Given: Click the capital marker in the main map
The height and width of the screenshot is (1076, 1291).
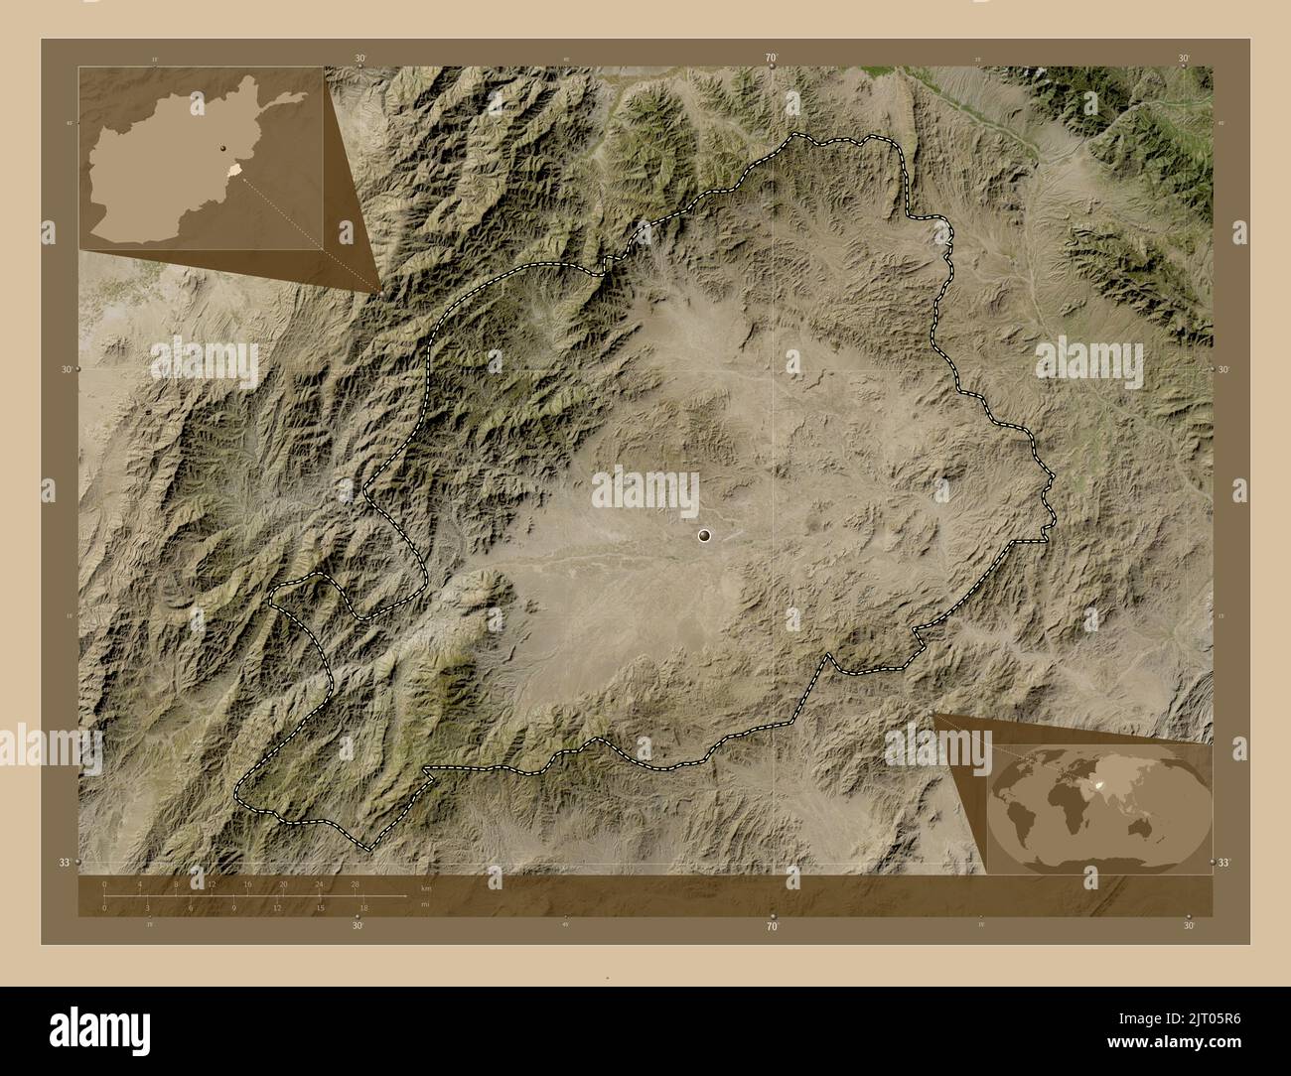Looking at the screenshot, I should coord(705,536).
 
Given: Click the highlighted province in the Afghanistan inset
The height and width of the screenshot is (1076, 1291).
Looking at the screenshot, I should coord(234,171).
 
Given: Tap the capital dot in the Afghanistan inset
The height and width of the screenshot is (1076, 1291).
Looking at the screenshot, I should coord(223,151).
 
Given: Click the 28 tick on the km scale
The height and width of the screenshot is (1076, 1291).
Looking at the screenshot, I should coord(356,883).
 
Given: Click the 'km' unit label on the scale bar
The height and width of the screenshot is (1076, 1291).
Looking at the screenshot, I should coord(425,888).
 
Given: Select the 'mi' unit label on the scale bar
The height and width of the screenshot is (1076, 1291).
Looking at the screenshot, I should coord(424,904).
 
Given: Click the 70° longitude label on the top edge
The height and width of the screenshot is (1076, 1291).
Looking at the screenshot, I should coord(772,59).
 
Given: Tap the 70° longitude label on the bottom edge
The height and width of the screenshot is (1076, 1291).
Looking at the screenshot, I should coord(772,925).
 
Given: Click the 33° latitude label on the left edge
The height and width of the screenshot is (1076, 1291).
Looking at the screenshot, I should coord(66,862).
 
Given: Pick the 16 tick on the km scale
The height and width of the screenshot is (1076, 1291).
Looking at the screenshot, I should coord(248,883).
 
